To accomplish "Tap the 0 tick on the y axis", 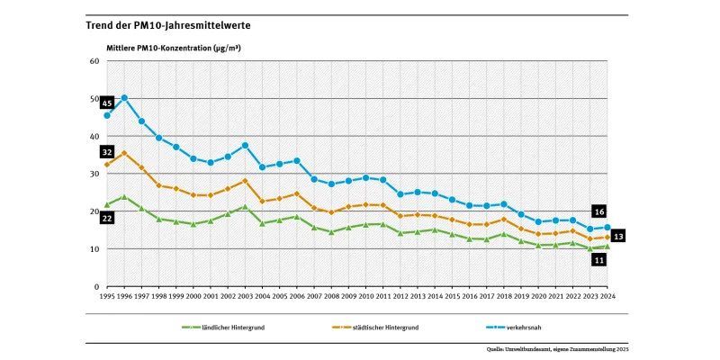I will coord(96,286).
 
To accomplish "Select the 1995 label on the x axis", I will coord(107,295).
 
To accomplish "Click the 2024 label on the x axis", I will coord(607,295).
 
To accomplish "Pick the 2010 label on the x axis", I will coord(365,295).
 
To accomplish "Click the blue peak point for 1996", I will coord(124,98).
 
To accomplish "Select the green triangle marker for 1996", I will coord(124,197).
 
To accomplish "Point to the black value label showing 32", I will coord(107,152).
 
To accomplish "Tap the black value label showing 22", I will coord(107,219).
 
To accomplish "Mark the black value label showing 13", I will coord(618,236).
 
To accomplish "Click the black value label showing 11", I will coord(598,260).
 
